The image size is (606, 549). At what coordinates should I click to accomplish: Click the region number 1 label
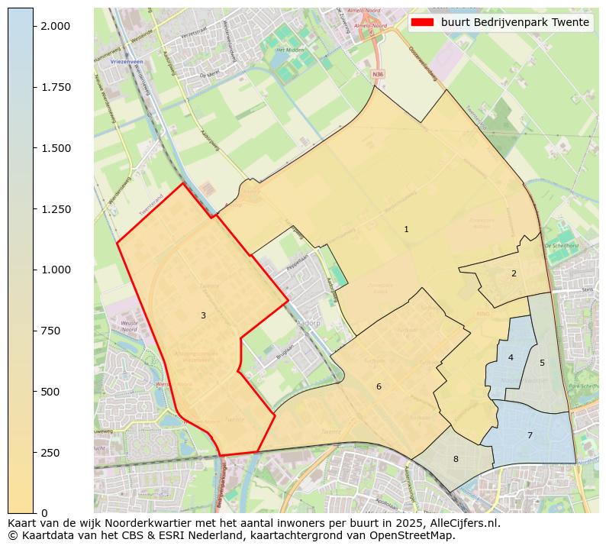406,229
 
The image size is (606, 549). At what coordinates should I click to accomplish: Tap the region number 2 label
514,273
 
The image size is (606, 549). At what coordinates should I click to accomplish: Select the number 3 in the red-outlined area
203,315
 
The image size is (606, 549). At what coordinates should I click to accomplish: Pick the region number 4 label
511,357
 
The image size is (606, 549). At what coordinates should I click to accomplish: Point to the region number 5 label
543,363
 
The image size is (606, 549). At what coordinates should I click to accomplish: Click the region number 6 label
379,387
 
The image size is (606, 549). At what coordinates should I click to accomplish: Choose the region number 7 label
530,435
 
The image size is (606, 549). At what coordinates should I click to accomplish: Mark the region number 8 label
456,459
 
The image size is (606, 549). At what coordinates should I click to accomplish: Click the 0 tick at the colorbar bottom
44,513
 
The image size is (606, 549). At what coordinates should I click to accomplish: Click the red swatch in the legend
422,22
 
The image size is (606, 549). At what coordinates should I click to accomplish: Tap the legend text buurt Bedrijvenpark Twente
515,22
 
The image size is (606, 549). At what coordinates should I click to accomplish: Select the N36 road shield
378,74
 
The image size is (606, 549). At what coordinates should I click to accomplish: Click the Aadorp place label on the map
308,324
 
